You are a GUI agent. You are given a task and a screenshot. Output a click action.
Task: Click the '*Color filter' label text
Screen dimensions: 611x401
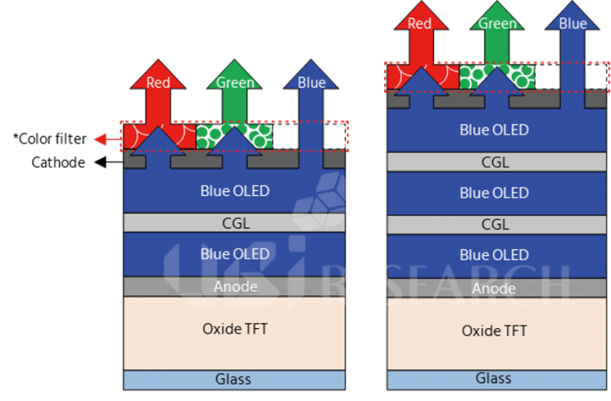[x=49, y=139]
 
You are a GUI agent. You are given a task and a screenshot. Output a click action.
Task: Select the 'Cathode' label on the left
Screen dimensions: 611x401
[x=58, y=162]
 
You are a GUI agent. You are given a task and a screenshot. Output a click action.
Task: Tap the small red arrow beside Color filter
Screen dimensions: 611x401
[x=108, y=139]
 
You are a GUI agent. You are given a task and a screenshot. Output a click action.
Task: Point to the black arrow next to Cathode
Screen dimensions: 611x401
[x=108, y=162]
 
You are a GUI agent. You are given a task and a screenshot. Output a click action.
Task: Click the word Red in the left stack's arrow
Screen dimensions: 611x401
[x=158, y=82]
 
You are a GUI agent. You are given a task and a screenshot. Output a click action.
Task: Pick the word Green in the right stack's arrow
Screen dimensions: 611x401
[x=497, y=23]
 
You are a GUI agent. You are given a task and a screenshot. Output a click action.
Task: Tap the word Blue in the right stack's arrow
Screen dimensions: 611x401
[x=573, y=23]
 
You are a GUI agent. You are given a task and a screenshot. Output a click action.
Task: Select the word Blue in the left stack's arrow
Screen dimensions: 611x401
[x=311, y=82]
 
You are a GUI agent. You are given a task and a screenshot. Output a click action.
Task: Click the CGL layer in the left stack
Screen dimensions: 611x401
[x=235, y=223]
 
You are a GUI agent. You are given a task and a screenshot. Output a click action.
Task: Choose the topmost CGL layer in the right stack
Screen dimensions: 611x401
[x=497, y=162]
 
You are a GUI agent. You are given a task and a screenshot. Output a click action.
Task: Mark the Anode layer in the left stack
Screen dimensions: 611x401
[x=235, y=286]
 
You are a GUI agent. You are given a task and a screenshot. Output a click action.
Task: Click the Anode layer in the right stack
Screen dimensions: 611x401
[x=497, y=288]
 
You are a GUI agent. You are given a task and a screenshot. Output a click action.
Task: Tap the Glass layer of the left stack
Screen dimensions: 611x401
[x=235, y=380]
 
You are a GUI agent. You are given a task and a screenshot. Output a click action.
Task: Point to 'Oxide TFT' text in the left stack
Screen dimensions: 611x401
[x=235, y=329]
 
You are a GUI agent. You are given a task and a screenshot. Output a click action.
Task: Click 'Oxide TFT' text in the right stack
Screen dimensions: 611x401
[x=494, y=331]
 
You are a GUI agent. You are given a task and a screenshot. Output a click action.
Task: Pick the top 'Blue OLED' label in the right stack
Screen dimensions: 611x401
[x=494, y=130]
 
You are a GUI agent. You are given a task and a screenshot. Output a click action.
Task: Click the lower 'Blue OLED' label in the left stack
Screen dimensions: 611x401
[x=235, y=254]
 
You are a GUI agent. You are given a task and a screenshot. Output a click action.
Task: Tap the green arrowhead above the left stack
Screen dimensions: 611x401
[x=234, y=75]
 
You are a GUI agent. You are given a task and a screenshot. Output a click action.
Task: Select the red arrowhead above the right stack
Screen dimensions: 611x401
[x=421, y=16]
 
